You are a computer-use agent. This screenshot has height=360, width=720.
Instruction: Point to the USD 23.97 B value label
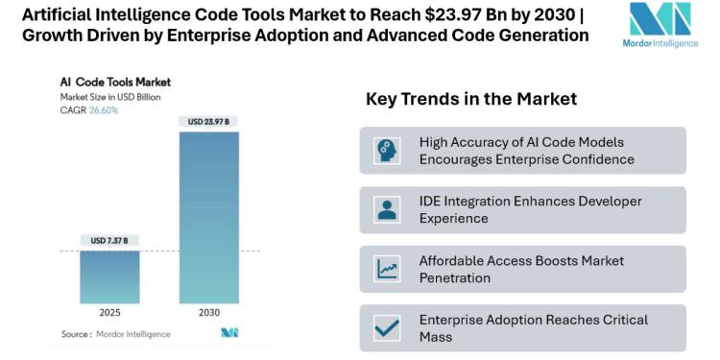208,121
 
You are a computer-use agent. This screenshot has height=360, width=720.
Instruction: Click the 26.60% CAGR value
104,110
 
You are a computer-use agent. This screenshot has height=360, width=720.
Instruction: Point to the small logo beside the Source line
229,333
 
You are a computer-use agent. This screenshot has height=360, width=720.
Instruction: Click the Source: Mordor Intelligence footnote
115,333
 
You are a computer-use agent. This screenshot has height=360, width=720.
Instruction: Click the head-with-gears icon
388,150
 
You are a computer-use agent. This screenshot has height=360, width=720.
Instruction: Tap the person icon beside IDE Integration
388,209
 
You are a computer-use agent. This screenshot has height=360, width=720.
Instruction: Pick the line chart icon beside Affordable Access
388,269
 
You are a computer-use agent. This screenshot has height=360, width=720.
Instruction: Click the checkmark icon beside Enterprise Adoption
388,328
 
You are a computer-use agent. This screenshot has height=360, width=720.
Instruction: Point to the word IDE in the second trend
431,201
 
